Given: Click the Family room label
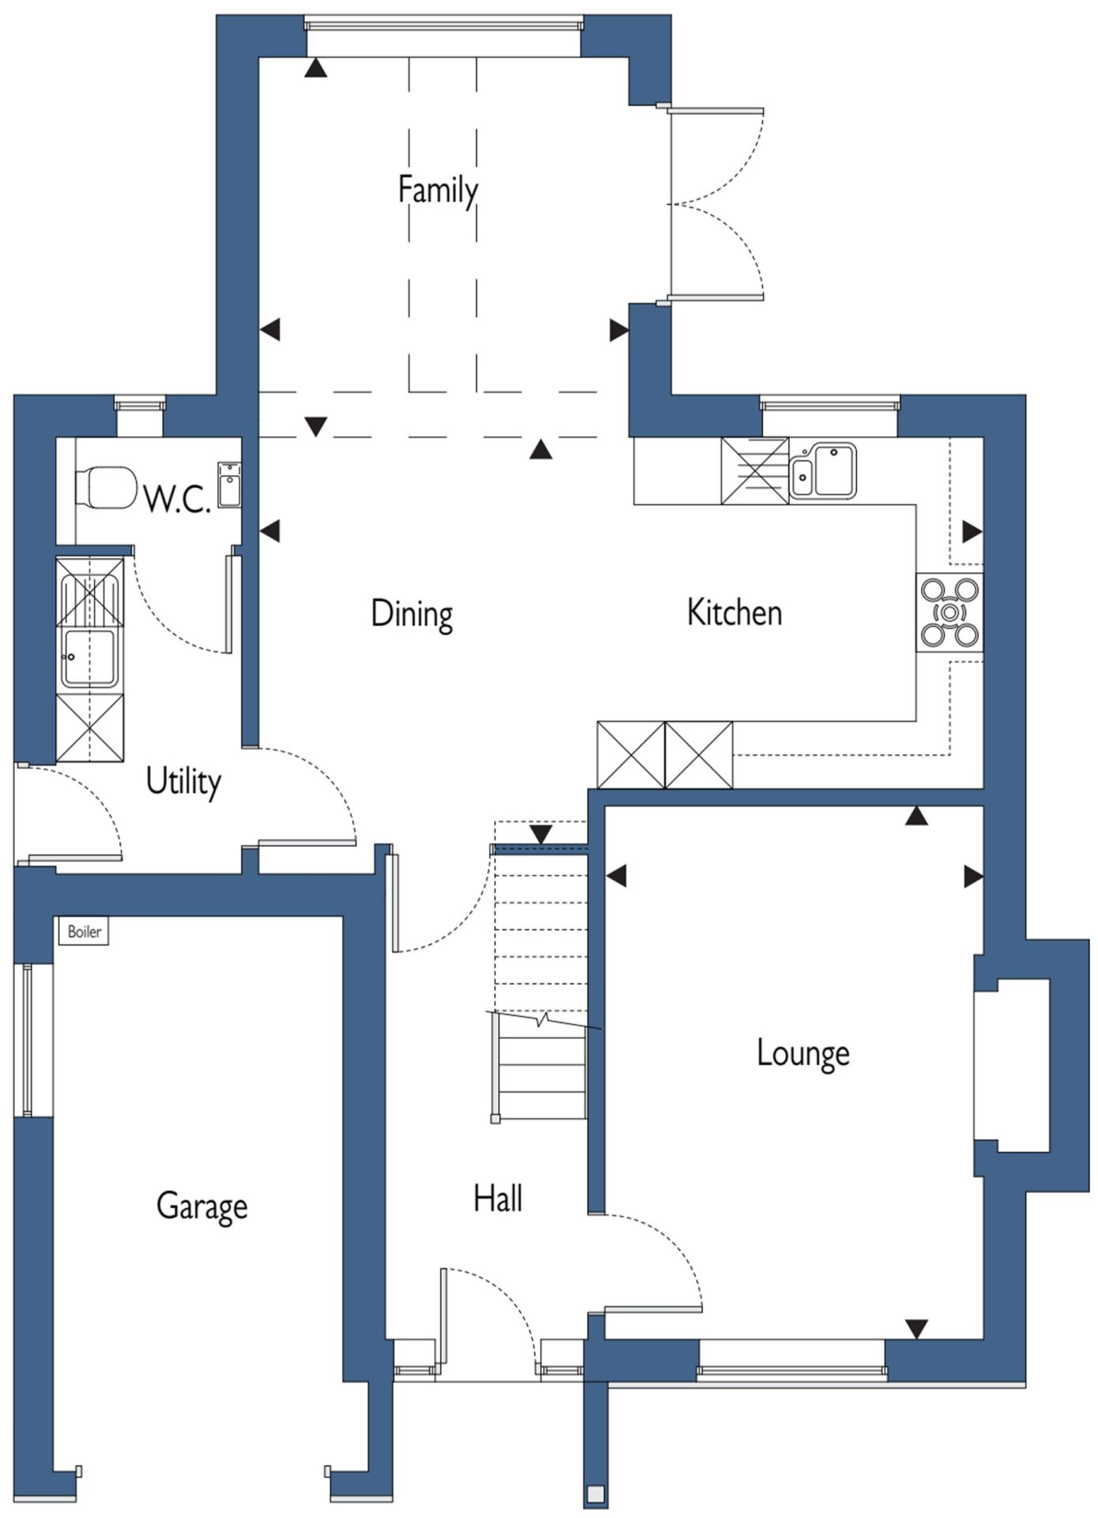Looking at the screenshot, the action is (437, 191).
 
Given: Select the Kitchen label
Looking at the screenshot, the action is (734, 613).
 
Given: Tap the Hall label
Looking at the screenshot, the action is (498, 1199).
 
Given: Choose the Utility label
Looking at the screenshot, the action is (183, 781).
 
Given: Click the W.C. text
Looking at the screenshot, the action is (177, 499).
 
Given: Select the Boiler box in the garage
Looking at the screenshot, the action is (85, 931).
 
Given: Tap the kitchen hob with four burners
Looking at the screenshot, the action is (949, 612).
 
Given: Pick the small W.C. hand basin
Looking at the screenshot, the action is (230, 484).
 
